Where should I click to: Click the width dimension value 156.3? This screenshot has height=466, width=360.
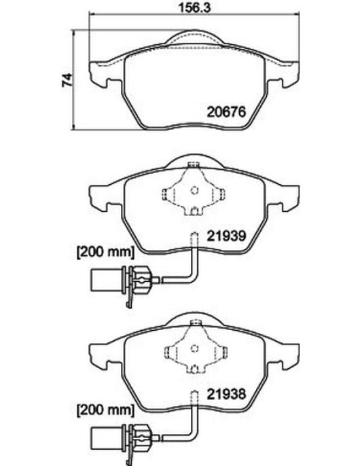pyautogui.click(x=194, y=7)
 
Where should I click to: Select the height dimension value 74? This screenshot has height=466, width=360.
pyautogui.click(x=67, y=79)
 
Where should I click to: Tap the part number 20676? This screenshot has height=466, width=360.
pyautogui.click(x=226, y=112)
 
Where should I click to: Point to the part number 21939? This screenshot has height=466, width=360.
pyautogui.click(x=226, y=236)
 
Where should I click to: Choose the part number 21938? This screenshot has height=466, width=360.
pyautogui.click(x=226, y=394)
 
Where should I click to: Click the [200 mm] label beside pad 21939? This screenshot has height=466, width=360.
pyautogui.click(x=105, y=252)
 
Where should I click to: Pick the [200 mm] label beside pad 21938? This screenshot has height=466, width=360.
pyautogui.click(x=105, y=410)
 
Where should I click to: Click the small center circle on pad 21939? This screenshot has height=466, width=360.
pyautogui.click(x=194, y=190)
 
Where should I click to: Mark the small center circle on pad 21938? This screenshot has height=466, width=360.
pyautogui.click(x=194, y=348)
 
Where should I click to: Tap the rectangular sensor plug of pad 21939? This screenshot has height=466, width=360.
pyautogui.click(x=107, y=280)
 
